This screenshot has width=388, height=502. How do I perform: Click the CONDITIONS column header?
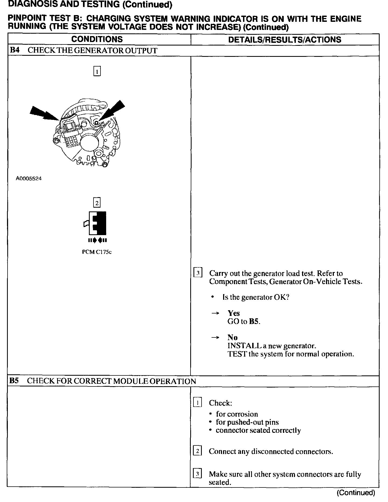tap(97, 39)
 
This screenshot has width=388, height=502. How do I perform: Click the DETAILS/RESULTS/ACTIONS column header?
tap(285, 40)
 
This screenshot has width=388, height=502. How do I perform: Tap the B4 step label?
tap(14, 50)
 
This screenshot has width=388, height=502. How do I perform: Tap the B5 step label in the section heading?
tap(14, 381)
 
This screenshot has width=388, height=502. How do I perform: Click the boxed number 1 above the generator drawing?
tap(97, 71)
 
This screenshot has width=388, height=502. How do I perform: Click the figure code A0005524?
tap(29, 179)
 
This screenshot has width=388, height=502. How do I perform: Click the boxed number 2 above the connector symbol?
tap(96, 203)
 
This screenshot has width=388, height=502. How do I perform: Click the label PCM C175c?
tap(97, 252)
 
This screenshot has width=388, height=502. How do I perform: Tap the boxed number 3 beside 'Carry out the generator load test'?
tap(198, 273)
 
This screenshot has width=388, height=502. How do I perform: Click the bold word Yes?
tap(234, 313)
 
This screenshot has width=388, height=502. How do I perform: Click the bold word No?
tap(232, 337)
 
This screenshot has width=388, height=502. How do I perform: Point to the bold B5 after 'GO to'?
tap(254, 321)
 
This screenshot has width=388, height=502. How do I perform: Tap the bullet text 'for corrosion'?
tap(237, 414)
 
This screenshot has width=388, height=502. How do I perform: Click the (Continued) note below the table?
tap(356, 493)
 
